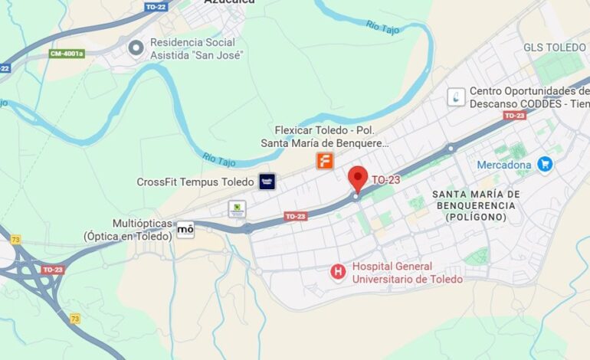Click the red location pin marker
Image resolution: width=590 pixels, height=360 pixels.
[358, 178]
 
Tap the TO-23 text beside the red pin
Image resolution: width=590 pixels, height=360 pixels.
[386, 180]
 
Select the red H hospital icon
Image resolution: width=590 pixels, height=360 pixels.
[338, 272]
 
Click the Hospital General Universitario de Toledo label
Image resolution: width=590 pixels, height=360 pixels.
[407, 273]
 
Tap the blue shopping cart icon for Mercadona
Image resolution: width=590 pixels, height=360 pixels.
[545, 164]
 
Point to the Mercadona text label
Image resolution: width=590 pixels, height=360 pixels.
[503, 165]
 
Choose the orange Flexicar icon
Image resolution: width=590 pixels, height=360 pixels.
[326, 161]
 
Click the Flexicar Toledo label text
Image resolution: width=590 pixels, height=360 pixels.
[325, 136]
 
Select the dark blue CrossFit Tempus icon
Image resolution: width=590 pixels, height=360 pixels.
[267, 182]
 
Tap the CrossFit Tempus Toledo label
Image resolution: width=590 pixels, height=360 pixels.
[195, 182]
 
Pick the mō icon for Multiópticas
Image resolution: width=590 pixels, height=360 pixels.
[185, 229]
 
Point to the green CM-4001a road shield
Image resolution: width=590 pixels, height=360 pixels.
[67, 54]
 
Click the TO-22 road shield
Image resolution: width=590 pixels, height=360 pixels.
[156, 7]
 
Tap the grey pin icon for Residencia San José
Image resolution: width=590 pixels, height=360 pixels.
[136, 48]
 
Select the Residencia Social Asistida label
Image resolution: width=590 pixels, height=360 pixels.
[196, 48]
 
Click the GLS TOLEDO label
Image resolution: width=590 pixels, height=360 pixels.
[554, 47]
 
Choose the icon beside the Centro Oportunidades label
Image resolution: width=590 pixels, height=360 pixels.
[457, 97]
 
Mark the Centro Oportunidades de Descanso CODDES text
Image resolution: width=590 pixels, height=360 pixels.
[529, 97]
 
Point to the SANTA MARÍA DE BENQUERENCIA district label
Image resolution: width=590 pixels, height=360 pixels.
[476, 205]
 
